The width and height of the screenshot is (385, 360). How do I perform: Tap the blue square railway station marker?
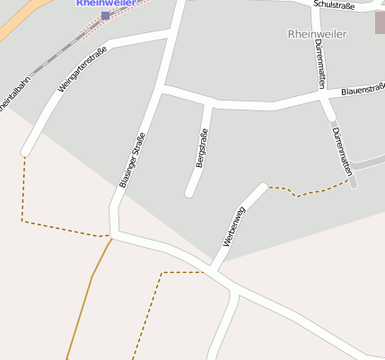point(106,15)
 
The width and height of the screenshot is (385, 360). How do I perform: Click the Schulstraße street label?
point(335,5)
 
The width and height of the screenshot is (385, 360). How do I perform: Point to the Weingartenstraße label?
point(82,69)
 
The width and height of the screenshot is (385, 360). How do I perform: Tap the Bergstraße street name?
point(202,148)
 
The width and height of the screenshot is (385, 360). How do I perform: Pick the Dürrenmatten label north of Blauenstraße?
point(320,64)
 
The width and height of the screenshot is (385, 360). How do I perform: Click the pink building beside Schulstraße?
point(380,22)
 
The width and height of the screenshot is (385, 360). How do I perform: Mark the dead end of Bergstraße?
point(189,193)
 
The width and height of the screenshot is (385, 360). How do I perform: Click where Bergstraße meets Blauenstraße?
point(208,101)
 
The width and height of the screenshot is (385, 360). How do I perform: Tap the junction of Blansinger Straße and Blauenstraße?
point(162,89)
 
